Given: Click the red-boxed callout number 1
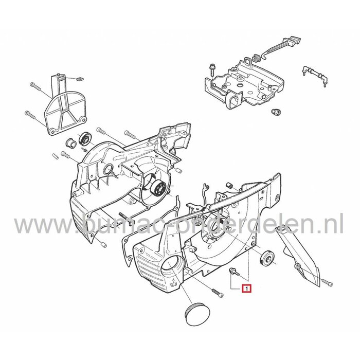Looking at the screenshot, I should coord(247,290).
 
